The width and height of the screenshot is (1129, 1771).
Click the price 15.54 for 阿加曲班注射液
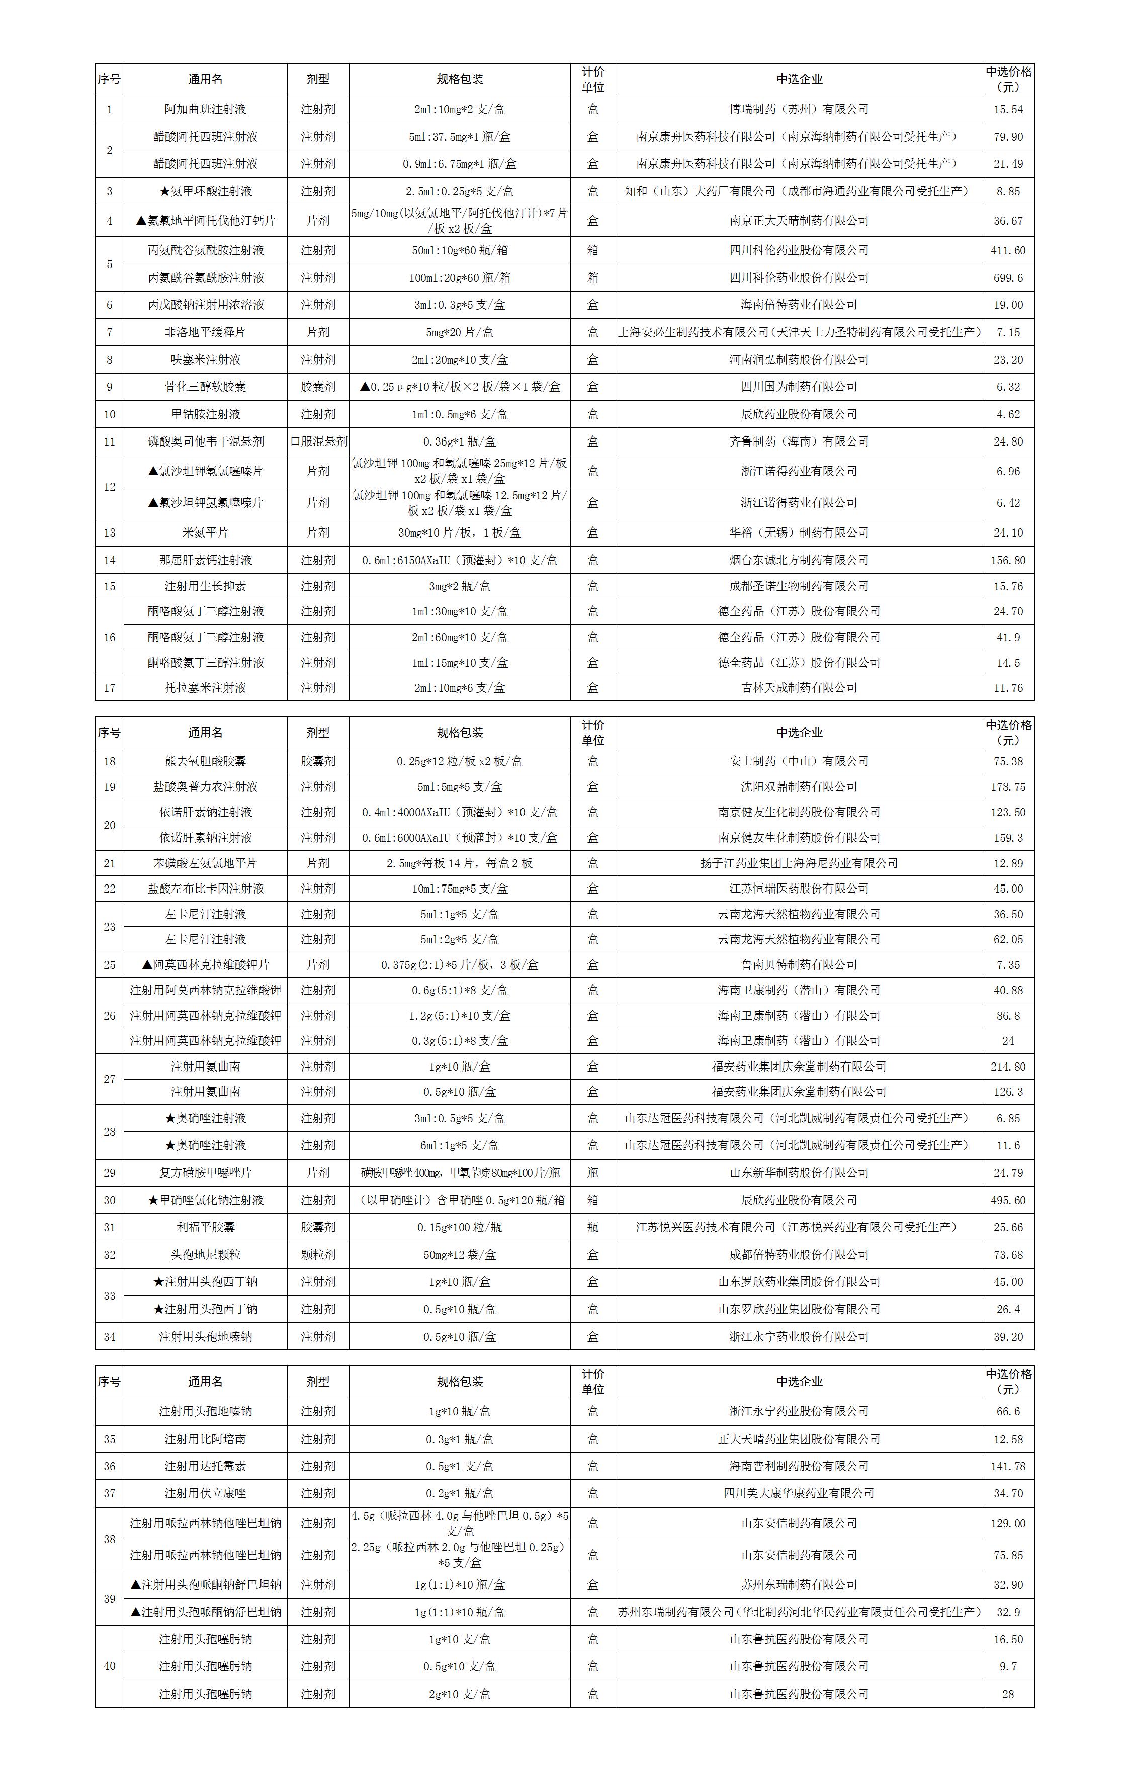(1008, 109)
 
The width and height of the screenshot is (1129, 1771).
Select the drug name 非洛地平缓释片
(205, 332)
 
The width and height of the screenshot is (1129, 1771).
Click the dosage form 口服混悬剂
(318, 441)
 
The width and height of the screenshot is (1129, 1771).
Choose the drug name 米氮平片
(205, 533)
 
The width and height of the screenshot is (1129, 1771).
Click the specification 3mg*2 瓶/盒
(460, 586)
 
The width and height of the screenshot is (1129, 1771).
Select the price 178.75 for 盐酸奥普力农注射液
(1008, 787)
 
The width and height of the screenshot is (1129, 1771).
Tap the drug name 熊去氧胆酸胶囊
(205, 761)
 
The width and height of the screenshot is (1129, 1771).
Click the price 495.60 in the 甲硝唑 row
(1008, 1200)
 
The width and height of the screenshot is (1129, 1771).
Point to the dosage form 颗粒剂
(318, 1255)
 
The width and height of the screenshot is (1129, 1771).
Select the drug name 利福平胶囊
(205, 1227)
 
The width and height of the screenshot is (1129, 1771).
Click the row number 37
(110, 1494)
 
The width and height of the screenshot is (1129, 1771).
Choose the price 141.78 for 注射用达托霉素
(1008, 1466)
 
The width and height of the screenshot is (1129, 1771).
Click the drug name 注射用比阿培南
(205, 1439)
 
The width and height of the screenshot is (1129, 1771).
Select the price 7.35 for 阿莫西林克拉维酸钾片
(1008, 965)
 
